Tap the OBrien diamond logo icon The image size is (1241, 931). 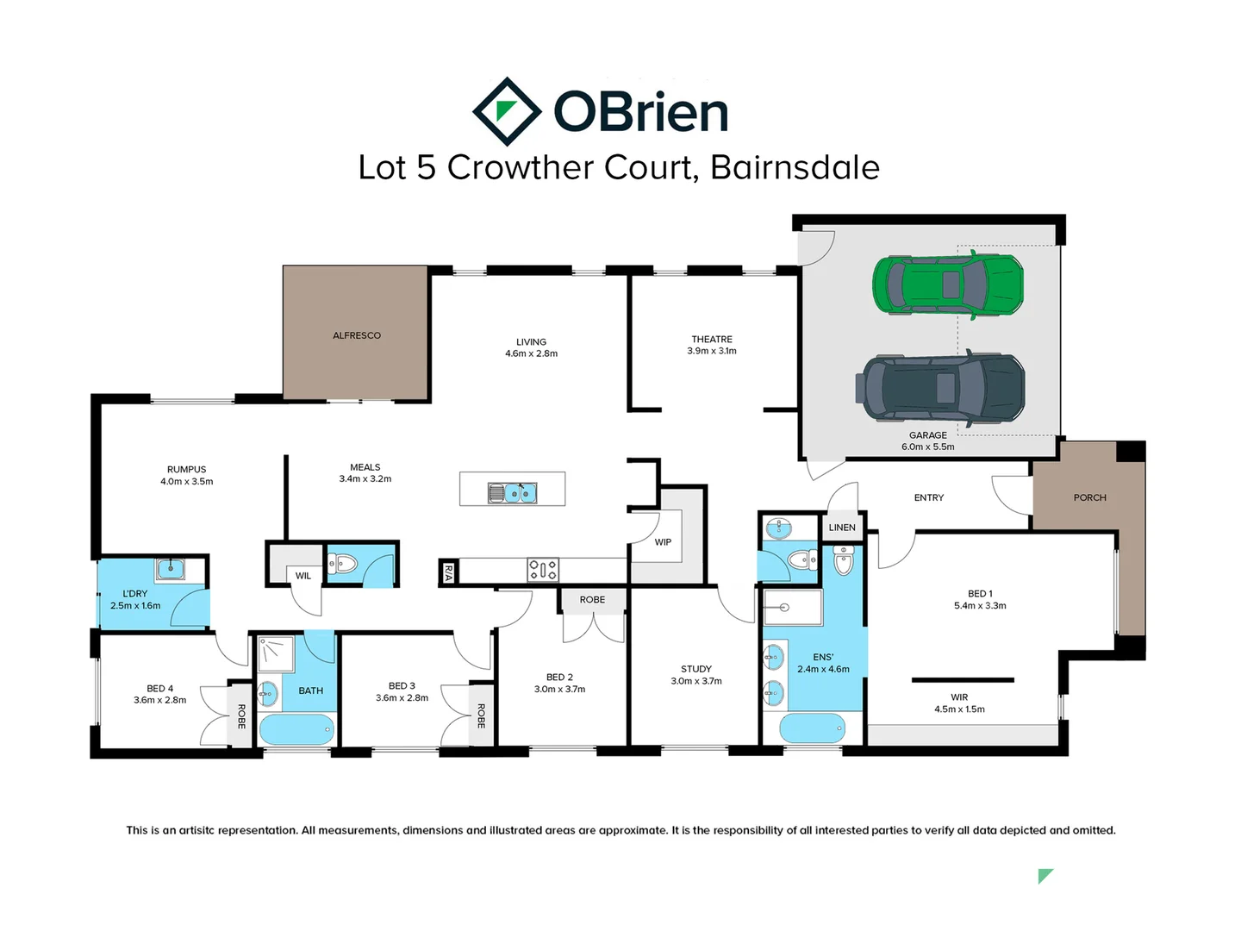pos(507,111)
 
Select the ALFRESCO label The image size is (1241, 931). pos(357,335)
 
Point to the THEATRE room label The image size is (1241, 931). pos(712,340)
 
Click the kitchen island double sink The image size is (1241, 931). pos(513,492)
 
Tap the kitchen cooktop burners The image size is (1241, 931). pos(542,569)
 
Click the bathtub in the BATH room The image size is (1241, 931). pos(296,729)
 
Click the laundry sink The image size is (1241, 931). pos(171,569)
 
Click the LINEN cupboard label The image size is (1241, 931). pos(842,528)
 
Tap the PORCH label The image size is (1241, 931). pos(1089,497)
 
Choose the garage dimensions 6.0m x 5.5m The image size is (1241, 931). pos(927,447)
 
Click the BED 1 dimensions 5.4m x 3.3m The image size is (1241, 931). pos(980,606)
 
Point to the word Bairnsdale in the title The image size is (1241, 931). pos(795,167)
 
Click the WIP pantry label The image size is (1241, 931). pos(663,542)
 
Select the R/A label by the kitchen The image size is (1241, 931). pos(448,572)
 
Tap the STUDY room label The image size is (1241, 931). pos(696,669)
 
